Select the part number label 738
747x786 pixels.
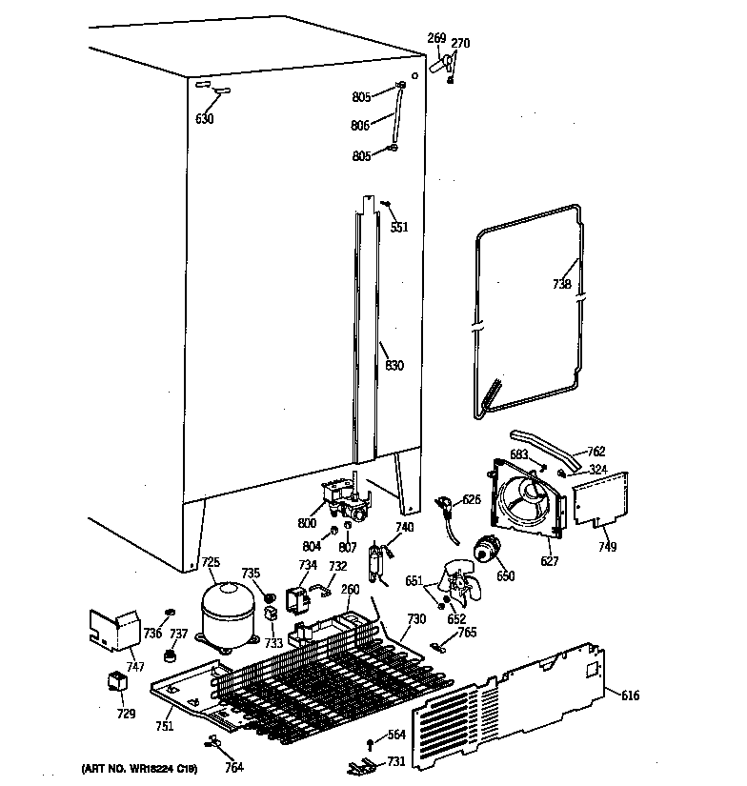[562, 284]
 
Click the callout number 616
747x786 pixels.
[630, 695]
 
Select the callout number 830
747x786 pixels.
[394, 366]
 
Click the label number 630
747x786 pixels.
[204, 119]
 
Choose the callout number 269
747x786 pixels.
[436, 38]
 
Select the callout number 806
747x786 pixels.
[359, 125]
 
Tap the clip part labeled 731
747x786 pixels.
[360, 764]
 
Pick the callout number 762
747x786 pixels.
[596, 452]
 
